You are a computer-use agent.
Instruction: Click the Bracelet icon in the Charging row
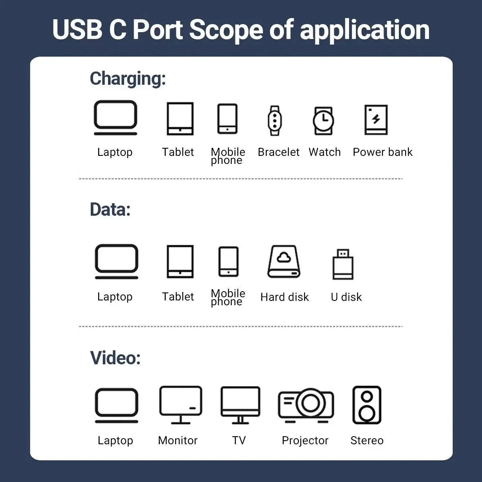275,120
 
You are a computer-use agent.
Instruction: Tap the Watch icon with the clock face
323,120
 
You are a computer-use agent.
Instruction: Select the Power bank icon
376,120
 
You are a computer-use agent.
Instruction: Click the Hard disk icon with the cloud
284,261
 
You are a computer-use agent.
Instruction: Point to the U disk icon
343,264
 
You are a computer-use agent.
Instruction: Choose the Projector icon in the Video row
306,405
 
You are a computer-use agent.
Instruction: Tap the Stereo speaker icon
367,405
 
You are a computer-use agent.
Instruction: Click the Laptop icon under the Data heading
116,261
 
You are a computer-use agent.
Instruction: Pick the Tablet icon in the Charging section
180,118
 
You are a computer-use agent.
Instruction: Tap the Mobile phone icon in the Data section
228,261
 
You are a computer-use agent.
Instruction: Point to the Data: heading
110,210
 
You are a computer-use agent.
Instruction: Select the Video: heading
115,358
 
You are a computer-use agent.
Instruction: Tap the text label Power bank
382,152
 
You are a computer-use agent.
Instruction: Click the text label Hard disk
284,297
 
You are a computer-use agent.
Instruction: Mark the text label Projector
305,441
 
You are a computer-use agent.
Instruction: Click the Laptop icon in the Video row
116,405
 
